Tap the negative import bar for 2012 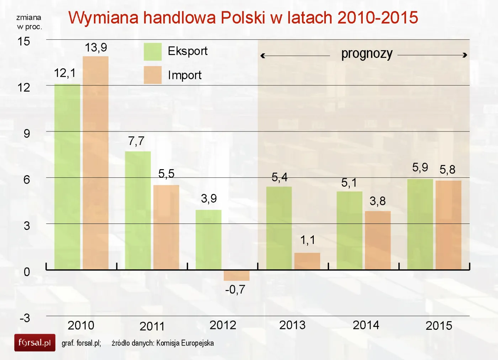237,275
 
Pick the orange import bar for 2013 307,261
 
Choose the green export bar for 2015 420,224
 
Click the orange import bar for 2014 378,240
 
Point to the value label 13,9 96,48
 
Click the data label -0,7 235,290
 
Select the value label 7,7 136,141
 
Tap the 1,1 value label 308,240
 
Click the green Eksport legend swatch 153,52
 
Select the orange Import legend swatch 153,75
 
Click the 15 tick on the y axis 24,42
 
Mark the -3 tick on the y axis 25,318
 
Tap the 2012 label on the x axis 223,325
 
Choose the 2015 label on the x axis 439,326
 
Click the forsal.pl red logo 35,343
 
